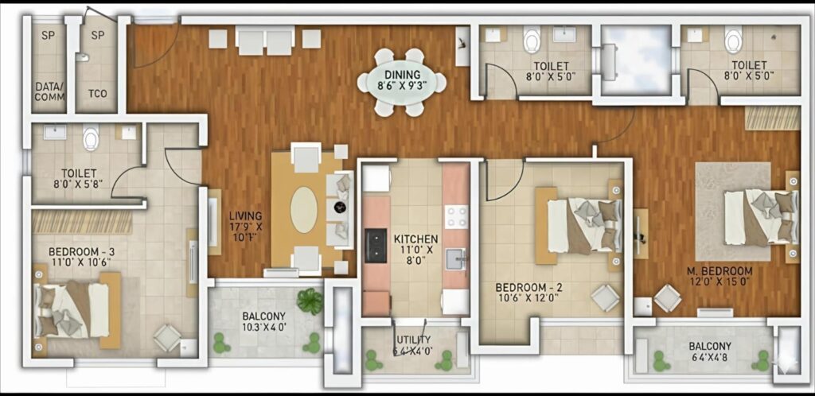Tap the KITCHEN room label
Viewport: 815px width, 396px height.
point(415,239)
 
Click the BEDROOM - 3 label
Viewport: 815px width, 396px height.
point(82,252)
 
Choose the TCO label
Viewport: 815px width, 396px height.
point(98,94)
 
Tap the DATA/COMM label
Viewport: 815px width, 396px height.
point(50,91)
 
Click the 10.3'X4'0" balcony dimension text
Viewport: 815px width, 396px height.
point(264,328)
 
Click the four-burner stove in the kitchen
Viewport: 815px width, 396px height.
point(456,217)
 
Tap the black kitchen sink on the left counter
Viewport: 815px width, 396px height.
point(376,246)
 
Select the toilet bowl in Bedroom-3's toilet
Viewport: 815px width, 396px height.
point(91,137)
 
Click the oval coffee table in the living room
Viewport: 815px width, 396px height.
point(303,210)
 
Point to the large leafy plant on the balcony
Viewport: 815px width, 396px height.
point(310,301)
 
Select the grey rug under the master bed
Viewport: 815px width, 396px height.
point(733,212)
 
